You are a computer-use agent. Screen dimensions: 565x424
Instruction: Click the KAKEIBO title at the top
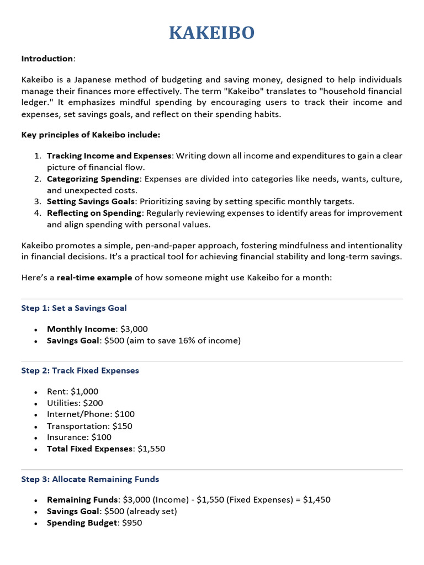[x=212, y=33]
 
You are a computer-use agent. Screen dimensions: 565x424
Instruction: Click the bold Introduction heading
[x=47, y=58]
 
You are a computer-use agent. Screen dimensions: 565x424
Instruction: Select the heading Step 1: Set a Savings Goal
[x=74, y=308]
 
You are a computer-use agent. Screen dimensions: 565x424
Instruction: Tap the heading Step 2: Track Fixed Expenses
[x=80, y=370]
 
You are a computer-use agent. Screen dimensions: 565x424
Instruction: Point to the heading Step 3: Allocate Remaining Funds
[x=90, y=479]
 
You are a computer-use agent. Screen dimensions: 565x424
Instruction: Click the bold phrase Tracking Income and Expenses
[x=109, y=156]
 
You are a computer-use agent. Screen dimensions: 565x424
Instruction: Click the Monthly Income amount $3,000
[x=134, y=329]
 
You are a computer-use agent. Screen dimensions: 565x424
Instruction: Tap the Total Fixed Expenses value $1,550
[x=151, y=449]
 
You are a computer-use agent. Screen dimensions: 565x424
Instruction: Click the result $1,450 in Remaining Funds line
[x=317, y=499]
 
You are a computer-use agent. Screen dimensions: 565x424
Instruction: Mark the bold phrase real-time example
[x=94, y=278]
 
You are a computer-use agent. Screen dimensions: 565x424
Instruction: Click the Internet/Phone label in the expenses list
[x=75, y=414]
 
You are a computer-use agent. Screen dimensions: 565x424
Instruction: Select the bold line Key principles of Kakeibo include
[x=91, y=135]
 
